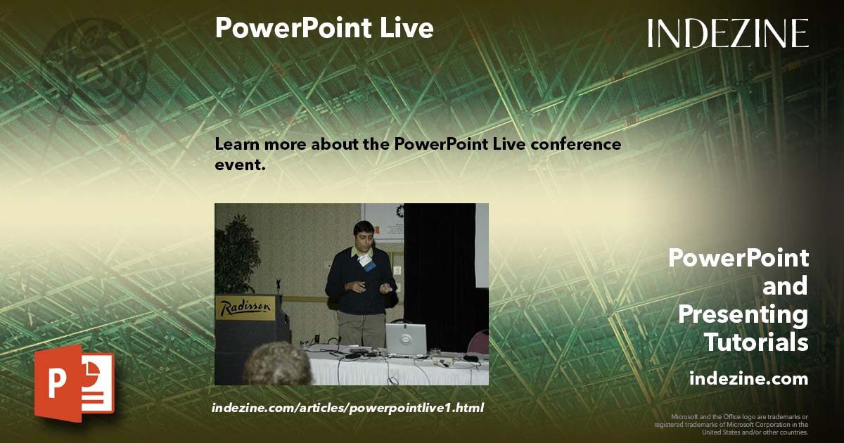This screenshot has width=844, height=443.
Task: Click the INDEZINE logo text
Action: tap(728, 33)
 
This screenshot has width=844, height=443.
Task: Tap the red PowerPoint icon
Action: tap(73, 383)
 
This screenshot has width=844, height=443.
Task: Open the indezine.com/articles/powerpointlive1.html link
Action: tap(347, 408)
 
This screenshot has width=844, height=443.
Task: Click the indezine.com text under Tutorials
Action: tap(748, 378)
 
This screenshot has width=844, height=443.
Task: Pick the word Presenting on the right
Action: tap(743, 314)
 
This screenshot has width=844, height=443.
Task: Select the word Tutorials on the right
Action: tap(756, 342)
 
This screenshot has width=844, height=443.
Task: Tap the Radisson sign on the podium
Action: tap(244, 308)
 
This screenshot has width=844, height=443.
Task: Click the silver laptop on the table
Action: tap(406, 338)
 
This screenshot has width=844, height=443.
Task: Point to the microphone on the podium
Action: tap(279, 284)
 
